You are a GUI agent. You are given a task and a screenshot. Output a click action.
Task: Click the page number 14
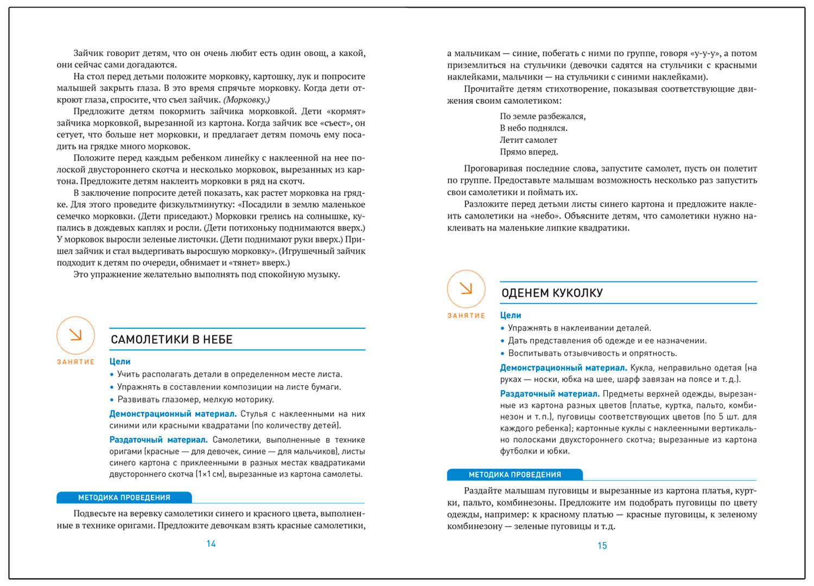(x=211, y=544)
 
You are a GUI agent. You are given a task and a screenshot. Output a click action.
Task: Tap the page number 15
(x=602, y=546)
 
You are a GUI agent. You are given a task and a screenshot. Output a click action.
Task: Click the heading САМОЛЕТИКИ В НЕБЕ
(x=171, y=340)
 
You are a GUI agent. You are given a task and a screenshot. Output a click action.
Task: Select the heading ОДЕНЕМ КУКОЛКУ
(x=552, y=293)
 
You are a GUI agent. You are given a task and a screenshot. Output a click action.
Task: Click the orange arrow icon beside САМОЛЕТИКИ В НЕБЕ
(x=75, y=335)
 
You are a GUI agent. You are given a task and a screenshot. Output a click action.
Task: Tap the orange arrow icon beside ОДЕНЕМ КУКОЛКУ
(x=466, y=289)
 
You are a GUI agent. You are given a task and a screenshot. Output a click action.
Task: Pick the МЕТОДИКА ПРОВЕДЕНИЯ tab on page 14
(x=124, y=498)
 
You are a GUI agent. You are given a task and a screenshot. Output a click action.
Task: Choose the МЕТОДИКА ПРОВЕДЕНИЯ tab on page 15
(x=514, y=475)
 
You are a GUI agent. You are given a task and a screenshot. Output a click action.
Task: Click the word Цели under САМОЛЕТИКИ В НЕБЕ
(x=120, y=361)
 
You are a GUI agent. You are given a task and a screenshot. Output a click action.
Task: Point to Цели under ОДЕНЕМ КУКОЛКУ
(x=511, y=315)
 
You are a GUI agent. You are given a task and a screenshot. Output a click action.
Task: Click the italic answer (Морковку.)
(x=246, y=100)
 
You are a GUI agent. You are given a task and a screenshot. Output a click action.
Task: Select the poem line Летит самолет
(x=529, y=140)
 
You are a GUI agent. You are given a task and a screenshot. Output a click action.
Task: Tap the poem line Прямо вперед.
(x=529, y=152)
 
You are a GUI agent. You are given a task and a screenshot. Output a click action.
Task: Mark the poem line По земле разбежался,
(x=543, y=116)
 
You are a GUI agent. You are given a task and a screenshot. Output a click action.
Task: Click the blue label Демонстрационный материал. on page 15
(x=563, y=368)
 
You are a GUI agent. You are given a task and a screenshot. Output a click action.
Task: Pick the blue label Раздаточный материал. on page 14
(x=158, y=440)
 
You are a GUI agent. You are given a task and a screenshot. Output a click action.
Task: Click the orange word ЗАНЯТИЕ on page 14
(x=75, y=362)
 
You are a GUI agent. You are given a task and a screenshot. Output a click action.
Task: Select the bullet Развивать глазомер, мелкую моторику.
(x=195, y=400)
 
